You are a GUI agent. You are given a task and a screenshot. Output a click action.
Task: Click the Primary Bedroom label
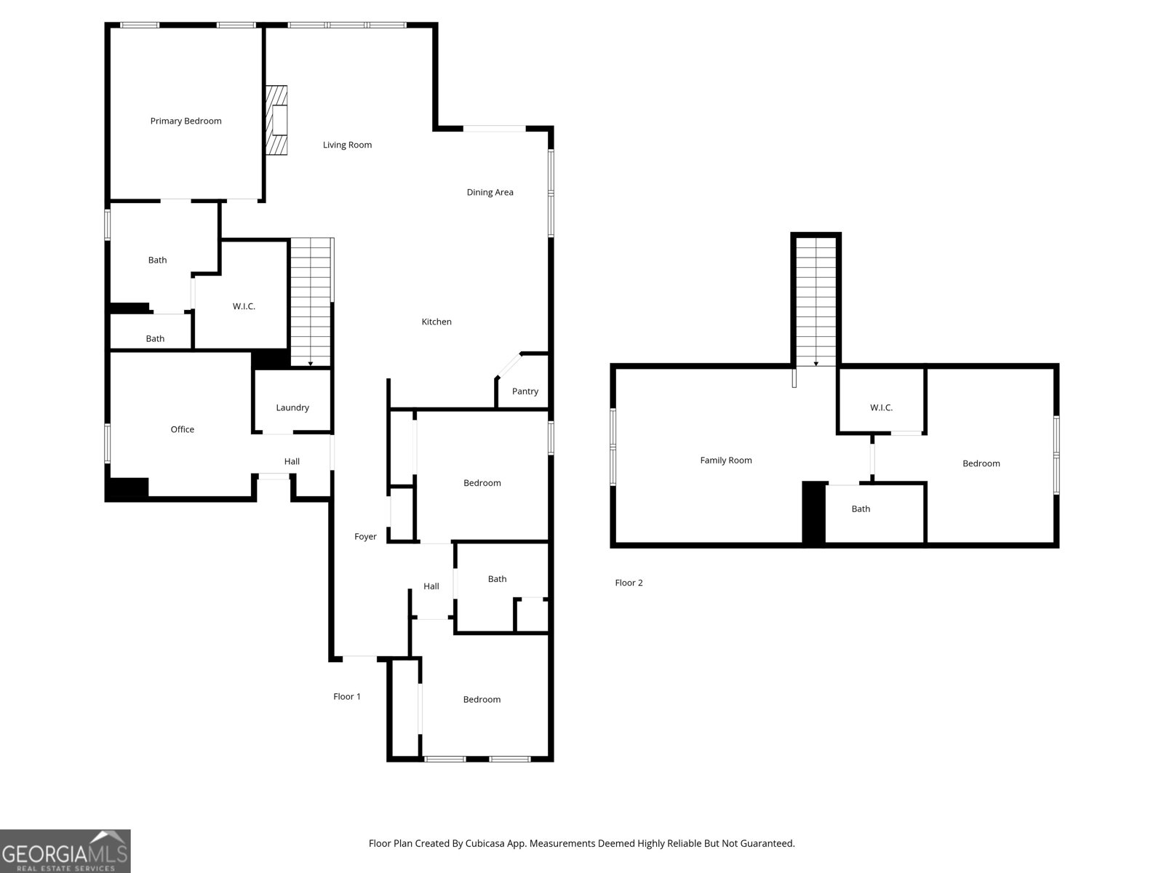point(186,121)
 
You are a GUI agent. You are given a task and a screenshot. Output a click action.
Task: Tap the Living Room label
point(347,145)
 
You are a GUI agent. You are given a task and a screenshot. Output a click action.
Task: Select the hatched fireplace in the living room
point(276,120)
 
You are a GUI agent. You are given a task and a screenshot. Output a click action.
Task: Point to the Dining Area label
point(490,192)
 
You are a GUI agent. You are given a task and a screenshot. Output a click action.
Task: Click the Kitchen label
point(436,322)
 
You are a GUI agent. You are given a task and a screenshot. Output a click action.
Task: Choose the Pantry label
point(525,391)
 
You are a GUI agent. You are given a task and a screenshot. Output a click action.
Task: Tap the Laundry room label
point(292,407)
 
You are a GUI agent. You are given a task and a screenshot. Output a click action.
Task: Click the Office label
point(182,429)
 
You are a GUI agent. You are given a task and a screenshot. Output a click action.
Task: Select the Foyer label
point(365,537)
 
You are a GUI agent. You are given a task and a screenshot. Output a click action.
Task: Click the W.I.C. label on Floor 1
point(244,306)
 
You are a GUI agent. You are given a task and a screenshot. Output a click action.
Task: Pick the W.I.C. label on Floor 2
point(881,407)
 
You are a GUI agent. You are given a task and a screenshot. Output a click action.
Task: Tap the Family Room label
point(725,460)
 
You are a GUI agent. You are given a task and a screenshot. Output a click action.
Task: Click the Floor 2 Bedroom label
point(981,463)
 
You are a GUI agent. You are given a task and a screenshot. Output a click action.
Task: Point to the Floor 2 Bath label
point(861,509)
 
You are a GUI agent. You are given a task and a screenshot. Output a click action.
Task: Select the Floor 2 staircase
point(816,302)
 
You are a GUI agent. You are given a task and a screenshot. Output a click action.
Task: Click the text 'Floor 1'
point(347,696)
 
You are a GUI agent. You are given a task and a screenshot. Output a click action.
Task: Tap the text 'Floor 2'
point(629,583)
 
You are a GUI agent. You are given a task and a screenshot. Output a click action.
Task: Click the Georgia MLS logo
point(65,851)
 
